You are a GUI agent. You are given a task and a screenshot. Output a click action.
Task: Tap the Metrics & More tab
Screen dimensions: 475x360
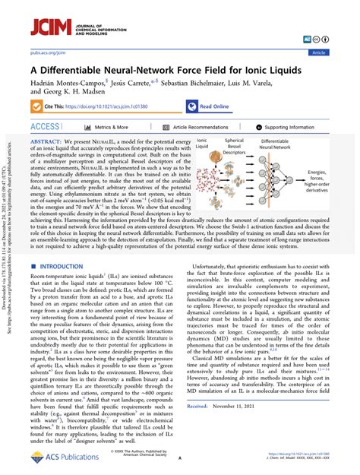click(x=106, y=128)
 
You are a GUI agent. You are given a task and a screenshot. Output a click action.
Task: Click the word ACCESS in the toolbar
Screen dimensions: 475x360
click(x=46, y=127)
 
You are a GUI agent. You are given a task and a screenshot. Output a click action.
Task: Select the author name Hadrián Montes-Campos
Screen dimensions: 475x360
click(x=74, y=81)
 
